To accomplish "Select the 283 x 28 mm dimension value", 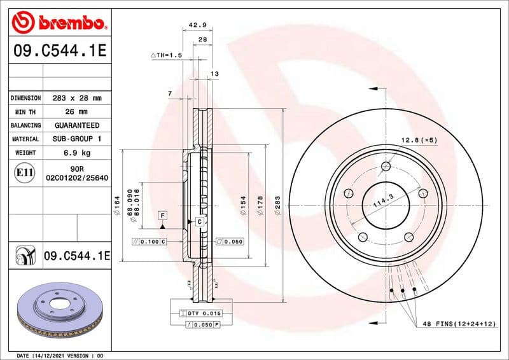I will tap(77, 99).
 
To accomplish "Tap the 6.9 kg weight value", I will tap(77, 153).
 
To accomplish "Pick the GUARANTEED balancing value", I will tap(77, 125).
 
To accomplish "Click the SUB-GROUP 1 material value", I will tap(77, 139).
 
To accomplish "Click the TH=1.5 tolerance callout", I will tap(166, 56).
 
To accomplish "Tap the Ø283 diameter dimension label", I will tap(277, 205).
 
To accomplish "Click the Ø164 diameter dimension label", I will tap(118, 205).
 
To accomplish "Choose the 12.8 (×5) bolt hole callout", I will tap(417, 139).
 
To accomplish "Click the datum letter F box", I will tap(163, 216).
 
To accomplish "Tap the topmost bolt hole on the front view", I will tap(386, 167).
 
